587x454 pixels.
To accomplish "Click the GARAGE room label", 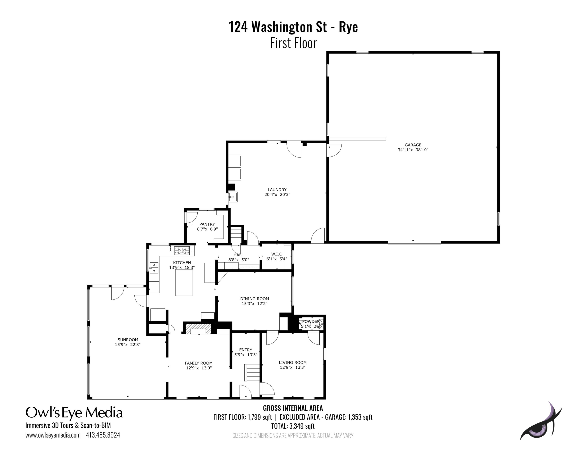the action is [413, 145].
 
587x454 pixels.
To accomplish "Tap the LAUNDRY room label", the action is [277, 190].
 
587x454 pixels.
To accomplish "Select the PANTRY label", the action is [207, 224].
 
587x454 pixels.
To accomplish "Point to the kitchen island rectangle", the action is [184, 282].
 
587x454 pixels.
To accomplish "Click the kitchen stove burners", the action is [182, 251].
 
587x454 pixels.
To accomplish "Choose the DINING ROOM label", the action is [255, 298].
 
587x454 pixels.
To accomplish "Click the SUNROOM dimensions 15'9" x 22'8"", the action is [128, 345].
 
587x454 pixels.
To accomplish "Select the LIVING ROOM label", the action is [293, 362].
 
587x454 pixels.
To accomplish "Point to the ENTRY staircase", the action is [252, 373].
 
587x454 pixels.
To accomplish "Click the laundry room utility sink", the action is [233, 197].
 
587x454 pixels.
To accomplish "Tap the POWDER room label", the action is [311, 321].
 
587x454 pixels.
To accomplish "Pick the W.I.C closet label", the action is [276, 254].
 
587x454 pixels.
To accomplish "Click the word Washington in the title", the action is [289, 27].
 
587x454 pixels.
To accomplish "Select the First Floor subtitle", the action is [293, 43].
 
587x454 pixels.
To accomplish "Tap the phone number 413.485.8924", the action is [103, 435].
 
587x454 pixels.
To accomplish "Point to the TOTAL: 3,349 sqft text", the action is [293, 426].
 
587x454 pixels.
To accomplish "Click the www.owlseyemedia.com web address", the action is [53, 435].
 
